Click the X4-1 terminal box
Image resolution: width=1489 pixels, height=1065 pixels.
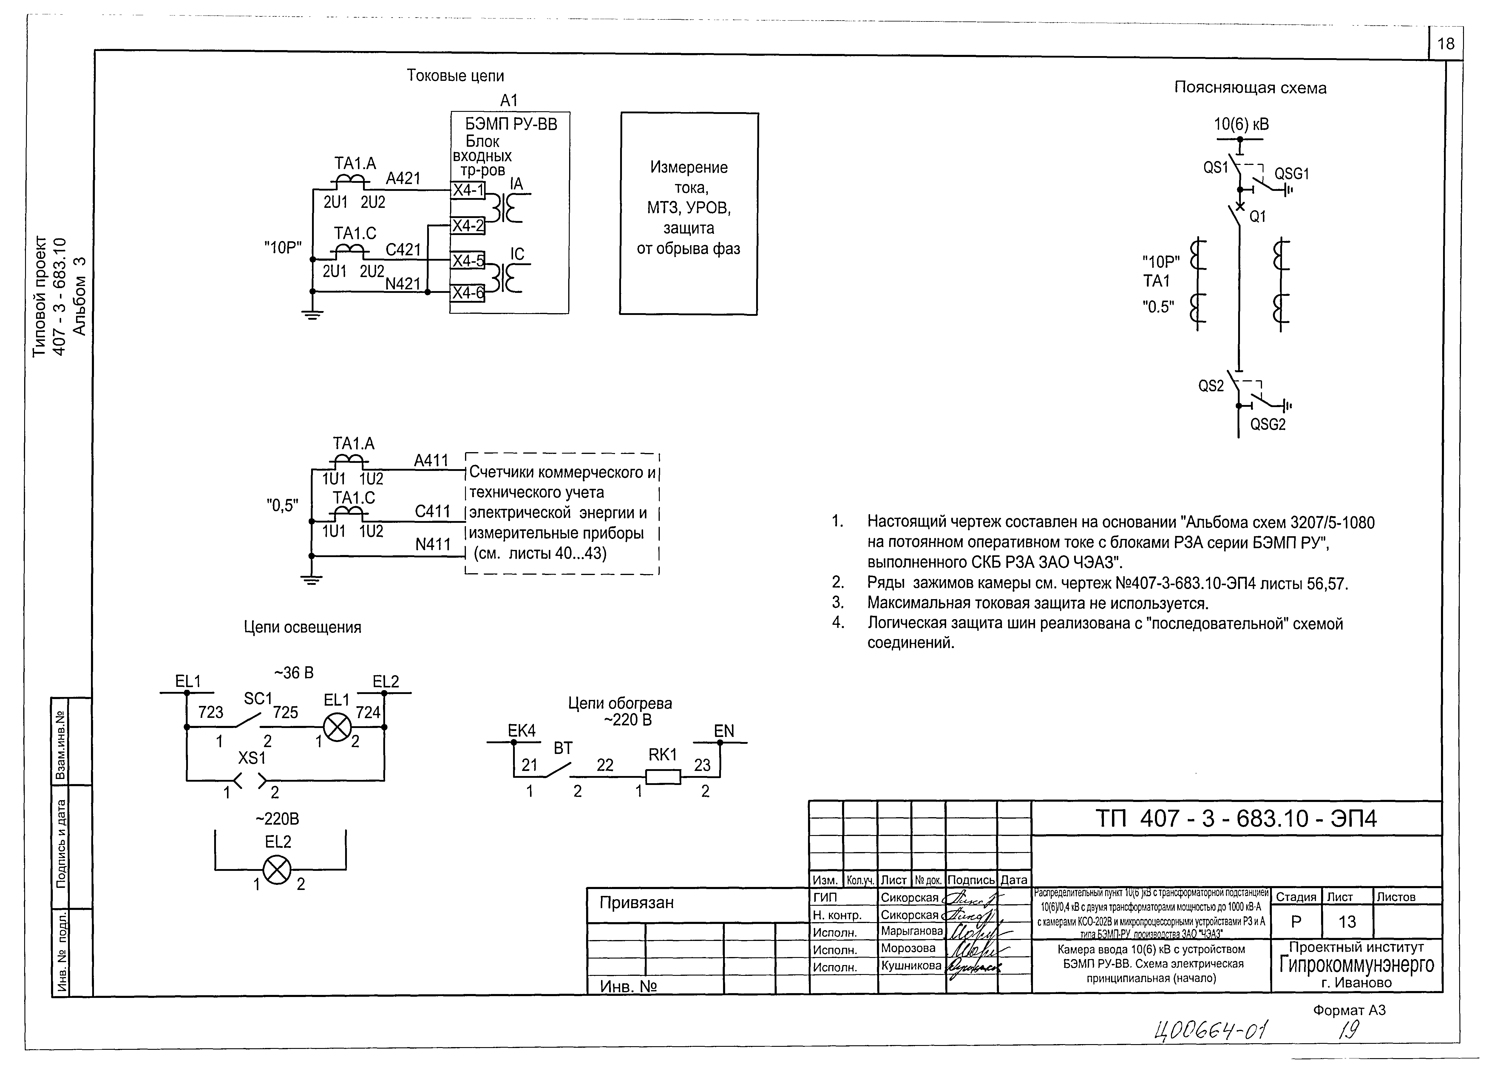(x=468, y=190)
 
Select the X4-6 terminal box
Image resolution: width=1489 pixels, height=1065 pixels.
(x=468, y=293)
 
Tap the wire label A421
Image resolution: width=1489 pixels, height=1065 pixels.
(x=403, y=178)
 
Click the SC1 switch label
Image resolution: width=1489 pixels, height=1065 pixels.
(x=258, y=699)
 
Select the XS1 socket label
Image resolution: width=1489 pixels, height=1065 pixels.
(x=252, y=758)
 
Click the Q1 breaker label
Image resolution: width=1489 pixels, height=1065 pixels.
(x=1258, y=217)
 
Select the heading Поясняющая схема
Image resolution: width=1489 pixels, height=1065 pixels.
(x=1249, y=88)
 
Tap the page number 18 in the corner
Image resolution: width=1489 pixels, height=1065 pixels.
(x=1446, y=44)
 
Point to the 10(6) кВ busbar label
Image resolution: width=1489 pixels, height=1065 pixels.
(x=1241, y=125)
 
